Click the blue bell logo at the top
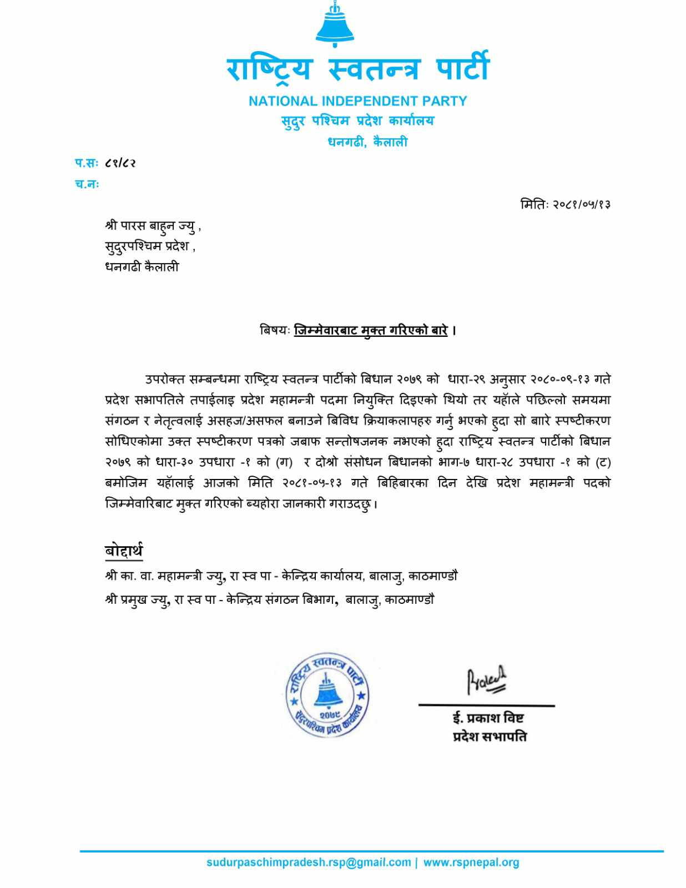click(x=335, y=25)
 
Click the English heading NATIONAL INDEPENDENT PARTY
click(x=357, y=101)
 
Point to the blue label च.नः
click(x=87, y=184)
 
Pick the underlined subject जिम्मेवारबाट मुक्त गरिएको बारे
click(x=371, y=331)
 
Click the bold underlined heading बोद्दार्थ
click(x=124, y=551)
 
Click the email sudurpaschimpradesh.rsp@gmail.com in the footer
click(x=309, y=862)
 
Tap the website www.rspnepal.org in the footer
click(x=471, y=862)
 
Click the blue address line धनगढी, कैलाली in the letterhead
click(x=367, y=142)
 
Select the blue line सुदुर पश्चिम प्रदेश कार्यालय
click(x=357, y=121)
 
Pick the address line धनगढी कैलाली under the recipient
click(x=142, y=267)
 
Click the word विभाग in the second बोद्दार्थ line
click(x=319, y=600)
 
